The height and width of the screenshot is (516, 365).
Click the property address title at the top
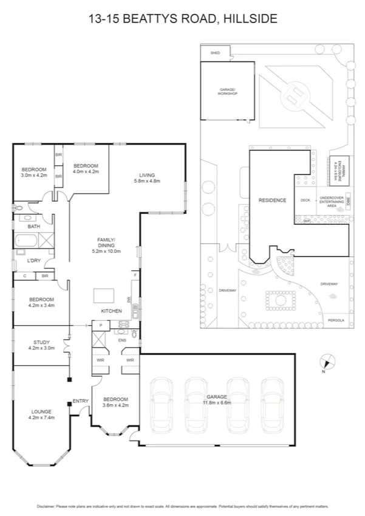182,19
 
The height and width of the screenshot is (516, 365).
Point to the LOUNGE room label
41,415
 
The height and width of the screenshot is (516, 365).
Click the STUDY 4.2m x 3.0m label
41,345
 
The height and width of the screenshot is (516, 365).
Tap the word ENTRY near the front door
80,401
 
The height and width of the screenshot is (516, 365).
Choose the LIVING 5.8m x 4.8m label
147,177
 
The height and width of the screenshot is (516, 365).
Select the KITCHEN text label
111,311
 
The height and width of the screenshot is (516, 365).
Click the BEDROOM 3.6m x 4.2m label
115,402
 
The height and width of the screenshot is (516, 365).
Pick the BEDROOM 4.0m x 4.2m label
86,168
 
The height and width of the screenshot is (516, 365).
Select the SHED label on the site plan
215,53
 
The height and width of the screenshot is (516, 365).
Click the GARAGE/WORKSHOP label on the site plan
227,92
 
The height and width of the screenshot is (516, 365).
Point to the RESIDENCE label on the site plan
271,200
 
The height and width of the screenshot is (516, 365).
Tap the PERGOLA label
336,319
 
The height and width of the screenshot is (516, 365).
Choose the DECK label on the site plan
305,199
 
